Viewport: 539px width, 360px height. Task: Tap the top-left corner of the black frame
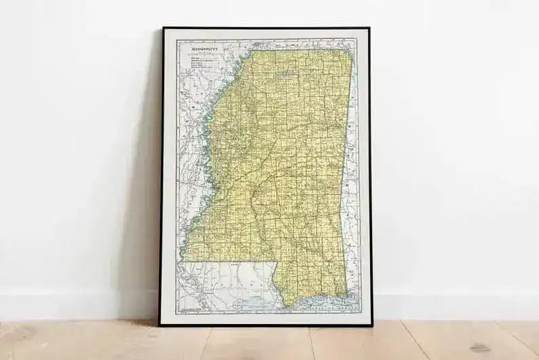[162, 29]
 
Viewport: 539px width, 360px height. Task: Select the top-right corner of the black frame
[369, 29]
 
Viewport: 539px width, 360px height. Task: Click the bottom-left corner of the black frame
[160, 325]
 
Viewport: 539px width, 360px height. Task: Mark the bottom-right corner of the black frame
[372, 325]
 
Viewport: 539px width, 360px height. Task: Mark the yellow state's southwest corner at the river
[185, 261]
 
